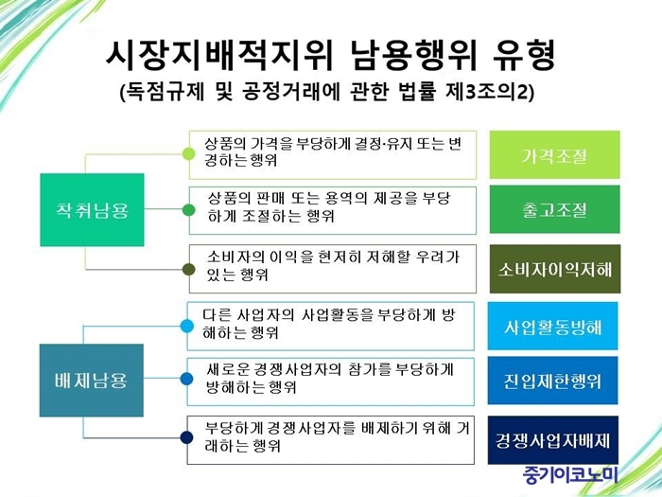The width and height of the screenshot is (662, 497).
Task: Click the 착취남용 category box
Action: coord(92,209)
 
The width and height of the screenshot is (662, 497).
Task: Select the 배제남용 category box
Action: coord(92,381)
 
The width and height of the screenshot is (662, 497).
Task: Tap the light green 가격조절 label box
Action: coord(555,154)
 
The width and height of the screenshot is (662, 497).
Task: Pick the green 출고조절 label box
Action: coord(555,209)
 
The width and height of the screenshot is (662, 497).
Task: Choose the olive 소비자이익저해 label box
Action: coord(555,269)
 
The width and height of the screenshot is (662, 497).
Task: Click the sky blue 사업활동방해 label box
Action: coord(552,326)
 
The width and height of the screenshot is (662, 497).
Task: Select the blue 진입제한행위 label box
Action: coord(552,381)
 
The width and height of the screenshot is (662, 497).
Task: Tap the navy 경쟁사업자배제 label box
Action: coord(552,440)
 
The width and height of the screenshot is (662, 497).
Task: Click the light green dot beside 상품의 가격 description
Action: coord(189,153)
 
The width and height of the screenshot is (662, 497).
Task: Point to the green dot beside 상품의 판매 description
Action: coord(189,209)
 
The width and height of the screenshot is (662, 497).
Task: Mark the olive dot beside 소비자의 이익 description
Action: coord(189,269)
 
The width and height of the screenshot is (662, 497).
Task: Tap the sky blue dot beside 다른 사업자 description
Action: coord(186,326)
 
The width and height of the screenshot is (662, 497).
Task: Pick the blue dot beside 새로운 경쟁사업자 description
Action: coord(186,379)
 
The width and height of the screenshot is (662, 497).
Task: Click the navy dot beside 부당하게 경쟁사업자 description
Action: coord(186,437)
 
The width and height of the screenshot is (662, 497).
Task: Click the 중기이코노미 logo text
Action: coord(570,475)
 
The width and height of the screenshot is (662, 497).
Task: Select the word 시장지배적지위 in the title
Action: coord(219,55)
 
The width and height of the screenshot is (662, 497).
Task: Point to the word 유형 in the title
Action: coord(524,55)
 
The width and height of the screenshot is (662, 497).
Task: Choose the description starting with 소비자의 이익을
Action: coord(333,266)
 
